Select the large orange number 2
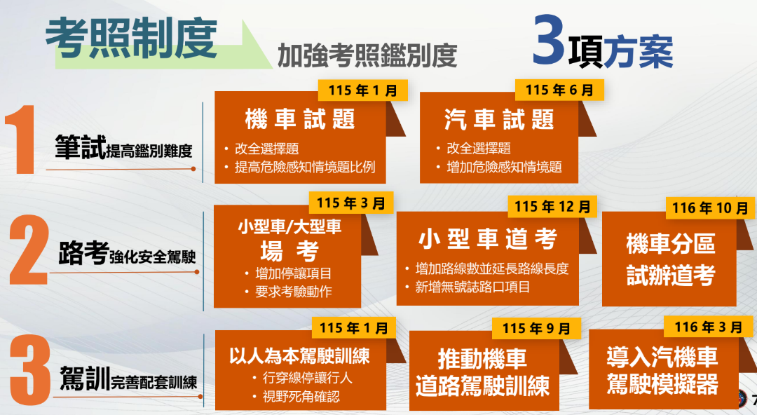pyautogui.click(x=28, y=252)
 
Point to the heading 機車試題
pyautogui.click(x=300, y=119)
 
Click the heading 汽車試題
pyautogui.click(x=499, y=119)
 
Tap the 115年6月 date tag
pyautogui.click(x=559, y=90)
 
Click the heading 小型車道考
pyautogui.click(x=488, y=240)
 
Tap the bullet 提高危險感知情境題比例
pyautogui.click(x=305, y=168)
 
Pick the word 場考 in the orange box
pyautogui.click(x=289, y=251)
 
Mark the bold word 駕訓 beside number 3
pyautogui.click(x=83, y=379)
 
